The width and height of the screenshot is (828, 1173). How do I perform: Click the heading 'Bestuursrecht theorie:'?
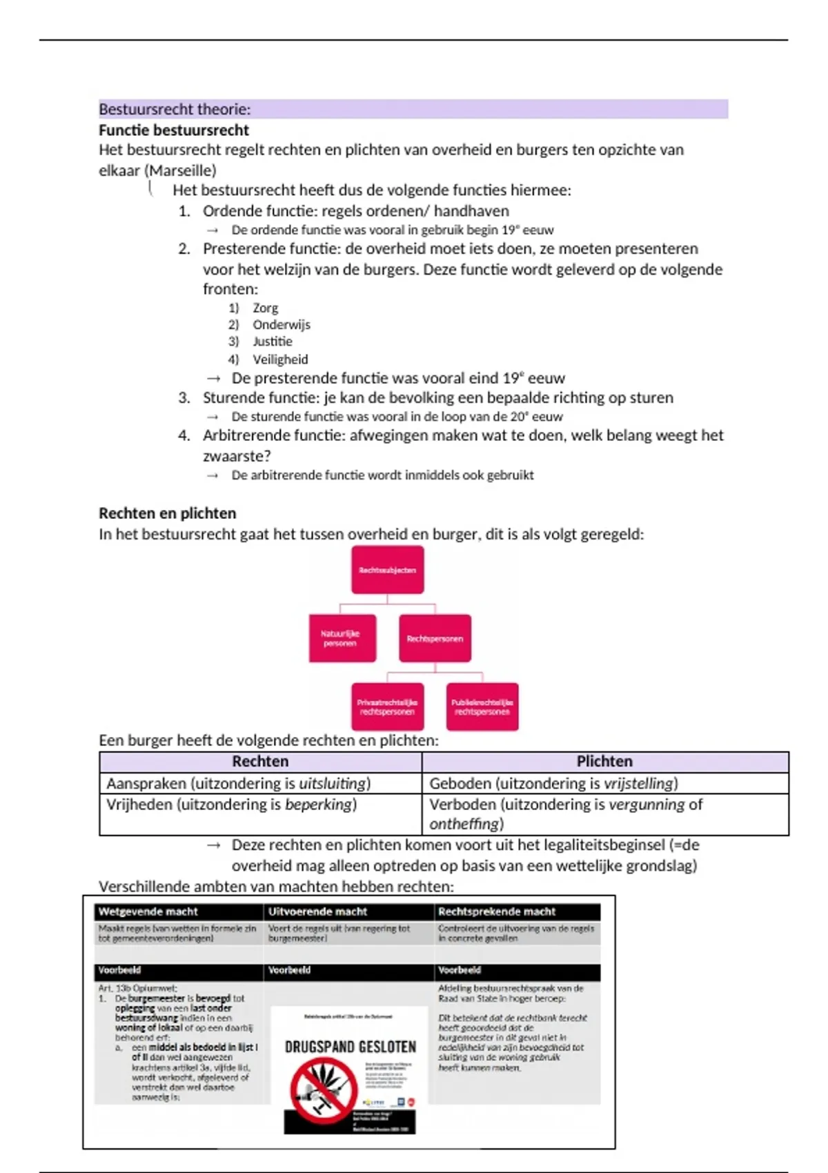pyautogui.click(x=175, y=109)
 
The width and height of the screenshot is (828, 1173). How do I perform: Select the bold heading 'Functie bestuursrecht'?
pyautogui.click(x=174, y=130)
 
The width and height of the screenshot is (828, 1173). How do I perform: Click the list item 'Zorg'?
pyautogui.click(x=265, y=308)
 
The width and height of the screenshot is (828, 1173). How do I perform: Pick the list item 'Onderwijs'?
pyautogui.click(x=281, y=324)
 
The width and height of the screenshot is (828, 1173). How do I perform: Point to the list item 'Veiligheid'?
pyautogui.click(x=280, y=359)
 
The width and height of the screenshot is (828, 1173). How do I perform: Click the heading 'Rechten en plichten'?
pyautogui.click(x=167, y=513)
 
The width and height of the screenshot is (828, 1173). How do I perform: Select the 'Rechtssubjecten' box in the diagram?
pyautogui.click(x=387, y=570)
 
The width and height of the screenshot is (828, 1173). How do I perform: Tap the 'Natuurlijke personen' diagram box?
pyautogui.click(x=342, y=638)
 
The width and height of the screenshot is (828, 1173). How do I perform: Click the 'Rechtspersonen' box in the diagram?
pyautogui.click(x=435, y=638)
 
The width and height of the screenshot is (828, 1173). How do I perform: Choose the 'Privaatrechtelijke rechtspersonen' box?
pyautogui.click(x=387, y=707)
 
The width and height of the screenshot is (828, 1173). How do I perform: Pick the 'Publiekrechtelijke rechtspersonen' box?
pyautogui.click(x=482, y=707)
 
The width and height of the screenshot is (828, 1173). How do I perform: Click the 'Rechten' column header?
pyautogui.click(x=260, y=762)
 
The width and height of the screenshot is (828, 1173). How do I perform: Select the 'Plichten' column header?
pyautogui.click(x=604, y=762)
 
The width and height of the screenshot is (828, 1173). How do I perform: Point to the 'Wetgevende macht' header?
pyautogui.click(x=148, y=911)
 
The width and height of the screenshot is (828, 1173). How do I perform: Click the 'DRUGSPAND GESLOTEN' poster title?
pyautogui.click(x=351, y=1047)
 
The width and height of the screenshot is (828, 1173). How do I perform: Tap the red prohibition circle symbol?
pyautogui.click(x=322, y=1092)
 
